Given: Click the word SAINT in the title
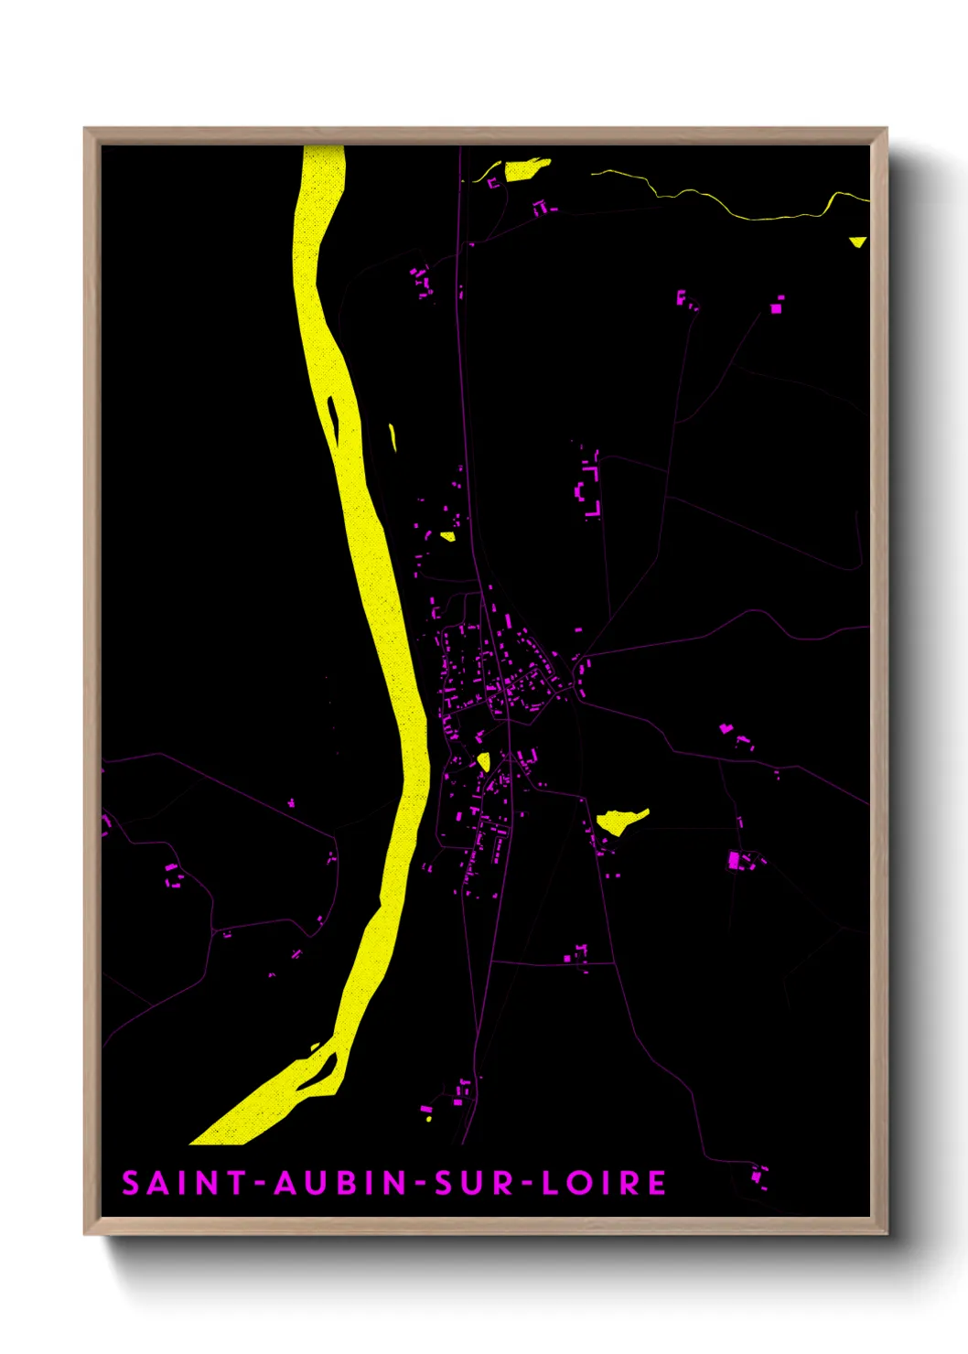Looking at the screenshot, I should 184,1183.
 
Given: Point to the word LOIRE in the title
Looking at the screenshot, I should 604,1183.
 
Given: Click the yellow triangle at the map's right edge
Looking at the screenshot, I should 857,242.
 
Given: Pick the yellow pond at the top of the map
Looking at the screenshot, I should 525,169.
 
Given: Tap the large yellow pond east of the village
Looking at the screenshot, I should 620,820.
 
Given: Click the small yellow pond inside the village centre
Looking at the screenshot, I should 483,761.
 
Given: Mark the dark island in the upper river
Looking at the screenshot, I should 333,419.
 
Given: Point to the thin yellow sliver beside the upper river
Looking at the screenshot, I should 393,436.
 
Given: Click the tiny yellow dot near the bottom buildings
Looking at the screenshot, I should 428,1118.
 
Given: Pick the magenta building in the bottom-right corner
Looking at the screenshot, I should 758,1177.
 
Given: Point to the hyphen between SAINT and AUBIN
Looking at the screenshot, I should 261,1184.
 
